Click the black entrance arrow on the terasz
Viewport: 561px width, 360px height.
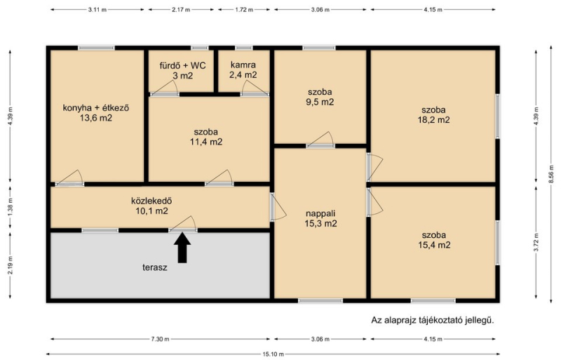(182, 248)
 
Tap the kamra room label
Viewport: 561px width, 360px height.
(243, 65)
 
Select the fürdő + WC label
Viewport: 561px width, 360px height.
(182, 65)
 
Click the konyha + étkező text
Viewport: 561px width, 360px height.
(96, 108)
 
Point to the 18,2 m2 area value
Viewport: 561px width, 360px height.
(433, 120)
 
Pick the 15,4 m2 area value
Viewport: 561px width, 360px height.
(434, 245)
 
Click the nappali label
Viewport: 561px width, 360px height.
(320, 214)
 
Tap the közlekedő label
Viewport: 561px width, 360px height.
(151, 201)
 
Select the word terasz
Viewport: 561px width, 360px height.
(155, 267)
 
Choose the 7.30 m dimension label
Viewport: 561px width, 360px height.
(160, 339)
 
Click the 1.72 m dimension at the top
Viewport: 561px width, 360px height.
(244, 10)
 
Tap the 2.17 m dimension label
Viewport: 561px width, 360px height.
(181, 10)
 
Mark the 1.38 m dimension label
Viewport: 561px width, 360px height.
(10, 207)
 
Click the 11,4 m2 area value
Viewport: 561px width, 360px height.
(206, 142)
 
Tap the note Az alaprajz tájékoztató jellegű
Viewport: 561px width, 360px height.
(433, 320)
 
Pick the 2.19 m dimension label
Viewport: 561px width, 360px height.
(10, 265)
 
